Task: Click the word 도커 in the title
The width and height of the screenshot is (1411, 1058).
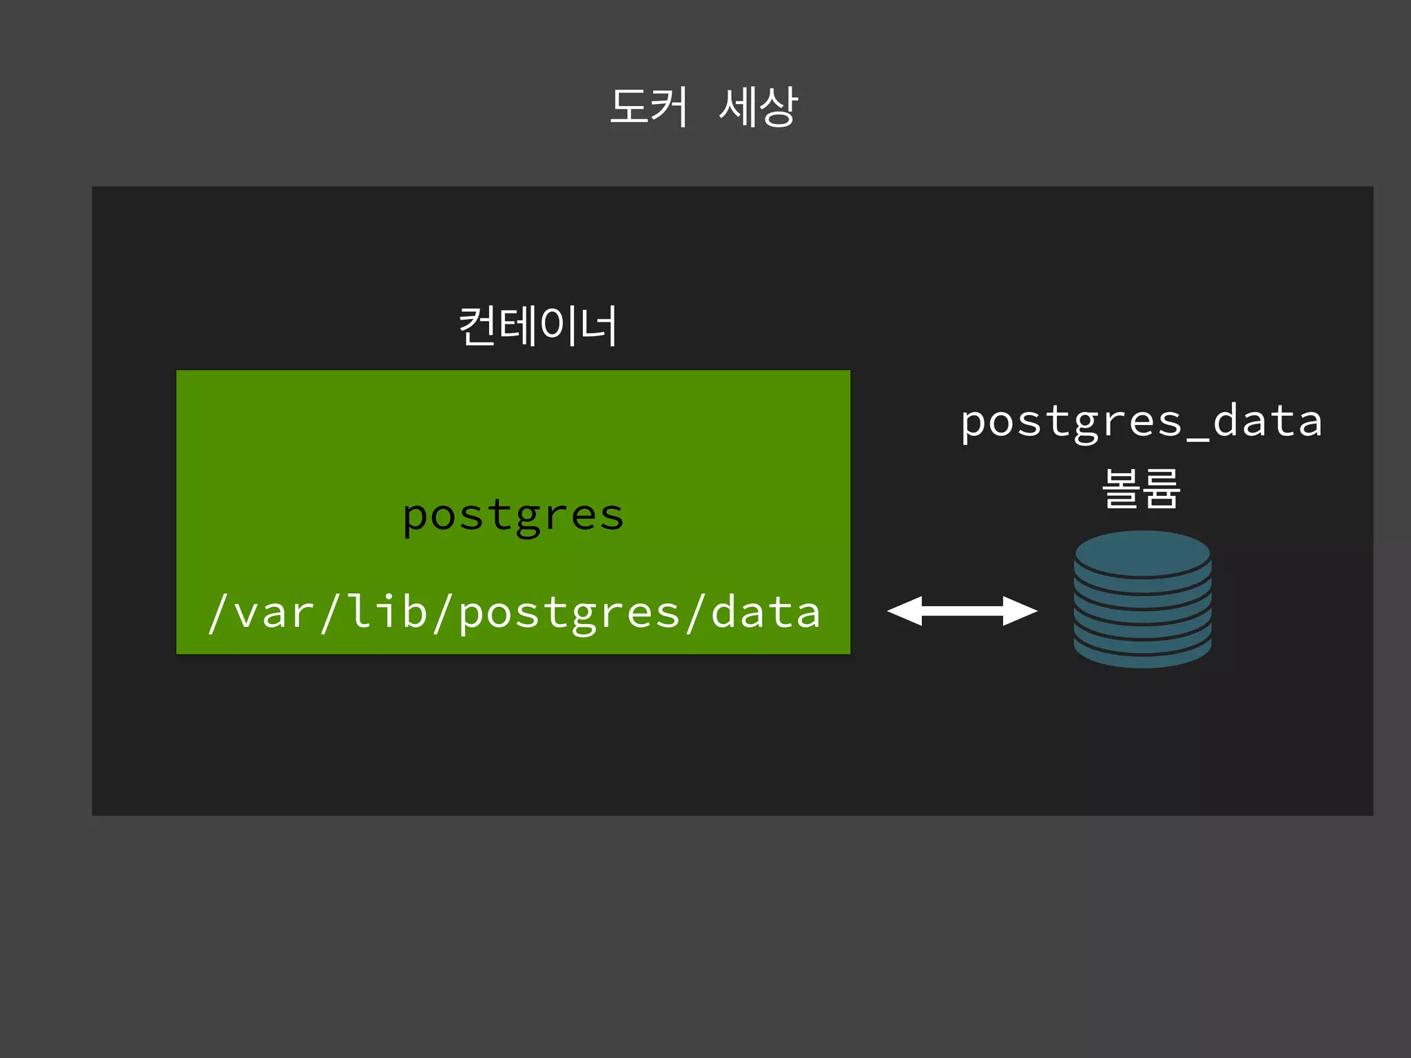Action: click(x=648, y=107)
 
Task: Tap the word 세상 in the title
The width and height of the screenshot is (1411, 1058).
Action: click(x=758, y=107)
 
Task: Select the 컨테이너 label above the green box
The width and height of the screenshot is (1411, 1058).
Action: click(x=538, y=326)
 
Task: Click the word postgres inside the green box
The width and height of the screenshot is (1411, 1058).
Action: click(x=513, y=515)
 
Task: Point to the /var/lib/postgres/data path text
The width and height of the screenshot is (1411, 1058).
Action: click(x=514, y=612)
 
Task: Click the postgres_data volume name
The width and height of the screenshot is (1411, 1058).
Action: click(x=1141, y=421)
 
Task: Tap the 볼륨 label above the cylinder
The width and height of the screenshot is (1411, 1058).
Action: click(x=1142, y=488)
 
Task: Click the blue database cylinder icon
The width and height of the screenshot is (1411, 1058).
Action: click(x=1142, y=599)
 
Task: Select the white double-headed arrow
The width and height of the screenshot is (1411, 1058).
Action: click(x=962, y=611)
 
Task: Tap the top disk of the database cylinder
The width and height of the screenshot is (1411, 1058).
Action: click(x=1142, y=552)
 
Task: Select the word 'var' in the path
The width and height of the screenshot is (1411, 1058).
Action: click(x=274, y=612)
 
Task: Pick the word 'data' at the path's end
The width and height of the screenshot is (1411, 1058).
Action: click(x=765, y=612)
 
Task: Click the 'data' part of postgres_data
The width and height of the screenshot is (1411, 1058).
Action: click(x=1268, y=421)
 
